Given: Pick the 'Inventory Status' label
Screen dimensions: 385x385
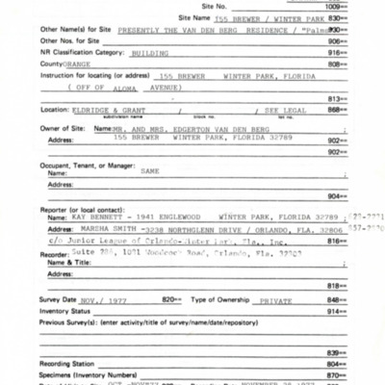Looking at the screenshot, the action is pyautogui.click(x=38, y=311).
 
